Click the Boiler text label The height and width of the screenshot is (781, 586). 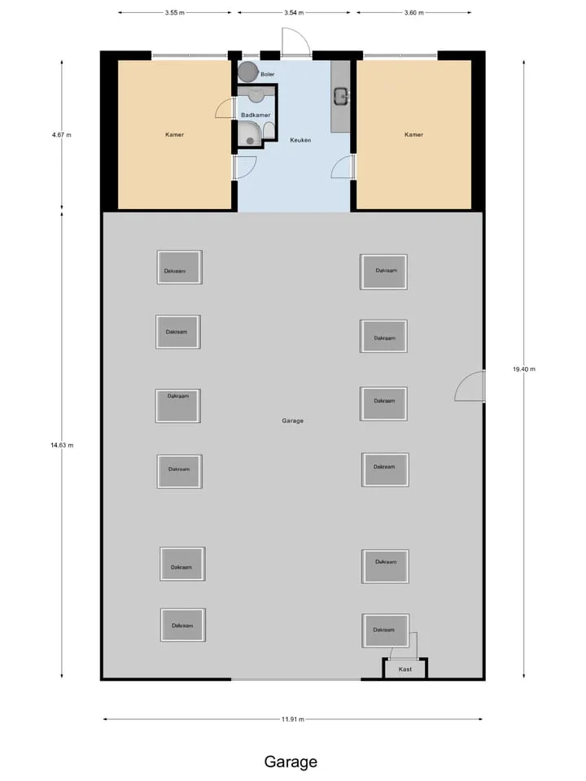point(268,74)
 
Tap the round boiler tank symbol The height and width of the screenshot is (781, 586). point(247,72)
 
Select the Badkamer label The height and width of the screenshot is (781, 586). point(256,115)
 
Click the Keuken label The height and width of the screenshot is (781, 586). point(300,140)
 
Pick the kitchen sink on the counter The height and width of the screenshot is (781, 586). point(341,96)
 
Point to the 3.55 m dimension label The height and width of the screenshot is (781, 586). point(175,13)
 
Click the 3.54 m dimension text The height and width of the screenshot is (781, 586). point(294,13)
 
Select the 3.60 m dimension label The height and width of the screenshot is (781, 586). point(414,13)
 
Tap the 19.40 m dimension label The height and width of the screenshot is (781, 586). point(524,369)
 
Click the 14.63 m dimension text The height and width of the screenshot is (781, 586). point(62,445)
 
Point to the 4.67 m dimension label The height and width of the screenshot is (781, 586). point(62,135)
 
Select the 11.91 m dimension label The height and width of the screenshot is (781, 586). point(293,719)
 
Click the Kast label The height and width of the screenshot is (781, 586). point(405,670)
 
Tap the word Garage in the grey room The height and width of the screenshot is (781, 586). point(292,421)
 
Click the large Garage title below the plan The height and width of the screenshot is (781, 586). point(291,761)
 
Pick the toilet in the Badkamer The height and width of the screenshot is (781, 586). point(269,130)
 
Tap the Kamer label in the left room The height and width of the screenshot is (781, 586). point(174,134)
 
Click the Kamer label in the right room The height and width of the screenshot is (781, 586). point(413,134)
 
